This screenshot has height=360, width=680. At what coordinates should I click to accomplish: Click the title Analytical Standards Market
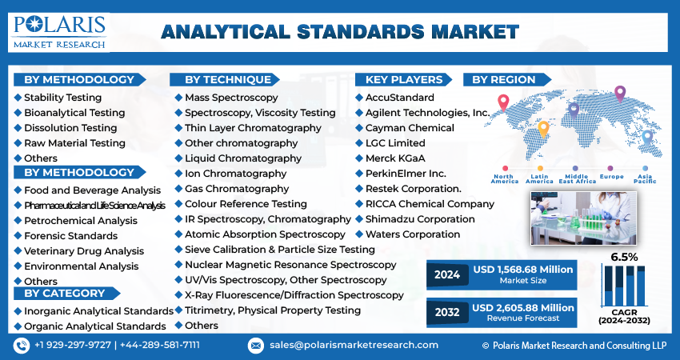pyautogui.click(x=339, y=32)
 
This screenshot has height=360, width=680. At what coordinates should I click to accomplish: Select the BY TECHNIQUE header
pyautogui.click(x=227, y=80)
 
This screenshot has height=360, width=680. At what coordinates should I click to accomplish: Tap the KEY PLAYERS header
pyautogui.click(x=403, y=80)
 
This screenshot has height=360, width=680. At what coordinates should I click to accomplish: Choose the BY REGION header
pyautogui.click(x=503, y=80)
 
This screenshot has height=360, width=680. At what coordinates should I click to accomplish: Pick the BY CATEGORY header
pyautogui.click(x=64, y=294)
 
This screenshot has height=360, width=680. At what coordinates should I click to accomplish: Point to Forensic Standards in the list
pyautogui.click(x=70, y=235)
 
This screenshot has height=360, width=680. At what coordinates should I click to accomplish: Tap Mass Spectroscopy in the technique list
pyautogui.click(x=231, y=98)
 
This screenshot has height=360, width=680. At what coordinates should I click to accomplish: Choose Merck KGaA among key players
pyautogui.click(x=397, y=158)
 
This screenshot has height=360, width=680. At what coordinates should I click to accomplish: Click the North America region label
pyautogui.click(x=505, y=178)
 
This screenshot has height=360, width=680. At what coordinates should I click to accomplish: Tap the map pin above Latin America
pyautogui.click(x=543, y=128)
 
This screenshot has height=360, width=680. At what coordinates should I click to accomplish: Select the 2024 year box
pyautogui.click(x=446, y=274)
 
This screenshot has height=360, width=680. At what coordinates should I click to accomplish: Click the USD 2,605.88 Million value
pyautogui.click(x=523, y=307)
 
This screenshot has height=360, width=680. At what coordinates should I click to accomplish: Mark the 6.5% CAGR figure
pyautogui.click(x=624, y=257)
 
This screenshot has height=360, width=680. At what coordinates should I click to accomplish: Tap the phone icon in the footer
pyautogui.click(x=22, y=345)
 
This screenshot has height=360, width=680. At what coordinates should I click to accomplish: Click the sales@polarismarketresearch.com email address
pyautogui.click(x=354, y=345)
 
